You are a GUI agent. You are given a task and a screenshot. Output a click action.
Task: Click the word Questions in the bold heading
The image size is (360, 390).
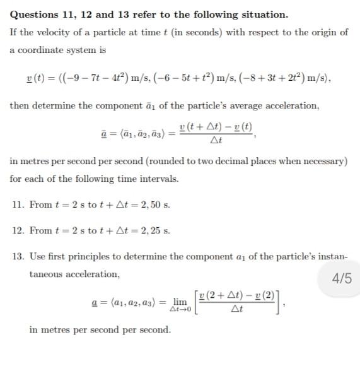coord(35,15)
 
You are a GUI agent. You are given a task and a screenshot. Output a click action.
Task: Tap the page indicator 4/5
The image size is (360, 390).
coord(341,278)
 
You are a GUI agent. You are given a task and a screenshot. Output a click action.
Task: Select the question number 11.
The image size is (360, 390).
coord(18,205)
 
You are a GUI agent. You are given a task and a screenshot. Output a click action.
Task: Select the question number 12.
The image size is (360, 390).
coord(18,230)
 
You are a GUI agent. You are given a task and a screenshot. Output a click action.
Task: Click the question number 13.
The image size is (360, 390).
coord(18,257)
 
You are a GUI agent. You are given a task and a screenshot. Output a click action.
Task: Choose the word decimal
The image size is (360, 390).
coord(239,162)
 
